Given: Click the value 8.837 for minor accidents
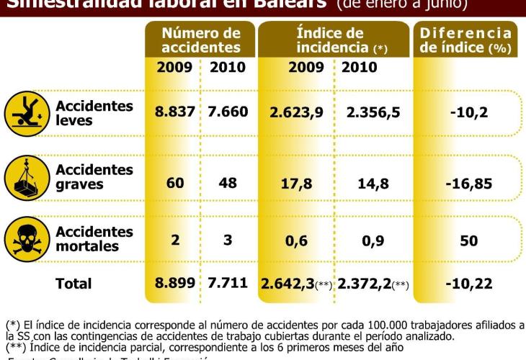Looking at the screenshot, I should pyautogui.click(x=174, y=113).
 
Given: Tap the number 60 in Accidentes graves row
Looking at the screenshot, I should pyautogui.click(x=175, y=183).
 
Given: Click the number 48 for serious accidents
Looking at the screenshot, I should pyautogui.click(x=228, y=183).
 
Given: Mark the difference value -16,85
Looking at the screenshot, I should pyautogui.click(x=468, y=184).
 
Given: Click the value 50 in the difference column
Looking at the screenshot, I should pyautogui.click(x=468, y=240).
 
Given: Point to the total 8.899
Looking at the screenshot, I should pyautogui.click(x=174, y=282).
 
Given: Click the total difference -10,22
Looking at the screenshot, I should pyautogui.click(x=468, y=284).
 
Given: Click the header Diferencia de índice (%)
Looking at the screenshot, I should pyautogui.click(x=465, y=40).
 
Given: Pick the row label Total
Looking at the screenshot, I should pyautogui.click(x=73, y=284).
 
